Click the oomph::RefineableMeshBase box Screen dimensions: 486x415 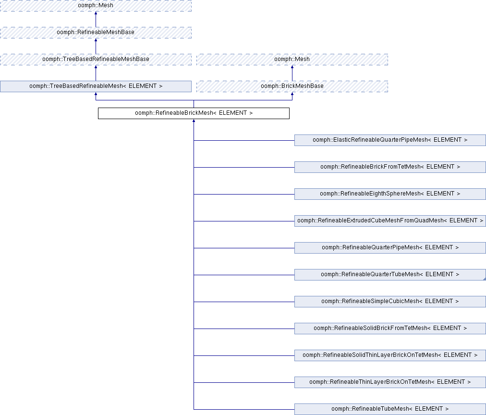(x=96, y=33)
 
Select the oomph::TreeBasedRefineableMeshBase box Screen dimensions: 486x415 (x=96, y=60)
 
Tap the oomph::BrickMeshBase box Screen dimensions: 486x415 (x=292, y=86)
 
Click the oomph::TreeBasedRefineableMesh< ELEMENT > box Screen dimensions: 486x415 (x=96, y=86)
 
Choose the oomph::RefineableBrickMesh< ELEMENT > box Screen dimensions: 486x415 (x=194, y=113)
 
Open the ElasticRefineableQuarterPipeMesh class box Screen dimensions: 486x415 (x=390, y=140)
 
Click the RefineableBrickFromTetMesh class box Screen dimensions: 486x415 (x=390, y=167)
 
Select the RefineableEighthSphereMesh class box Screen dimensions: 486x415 (x=390, y=194)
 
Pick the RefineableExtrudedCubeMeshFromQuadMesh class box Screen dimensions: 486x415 (x=390, y=221)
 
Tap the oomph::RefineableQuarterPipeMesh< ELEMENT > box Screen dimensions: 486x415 (x=390, y=248)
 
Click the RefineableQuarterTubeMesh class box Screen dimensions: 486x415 (x=390, y=275)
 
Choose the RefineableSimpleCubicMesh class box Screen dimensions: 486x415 (x=390, y=302)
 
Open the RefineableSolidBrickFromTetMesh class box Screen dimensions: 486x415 (x=390, y=329)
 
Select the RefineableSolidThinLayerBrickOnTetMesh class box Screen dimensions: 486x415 (x=390, y=355)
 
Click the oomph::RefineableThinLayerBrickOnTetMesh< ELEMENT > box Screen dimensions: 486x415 (x=390, y=382)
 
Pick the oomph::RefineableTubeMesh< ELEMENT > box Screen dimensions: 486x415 (x=390, y=409)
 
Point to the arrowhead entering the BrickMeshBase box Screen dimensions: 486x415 (x=292, y=94)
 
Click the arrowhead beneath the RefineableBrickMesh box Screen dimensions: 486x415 (x=194, y=121)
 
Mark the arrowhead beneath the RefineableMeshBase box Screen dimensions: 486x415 (x=96, y=40)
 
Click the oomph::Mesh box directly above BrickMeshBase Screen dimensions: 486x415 (x=292, y=60)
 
